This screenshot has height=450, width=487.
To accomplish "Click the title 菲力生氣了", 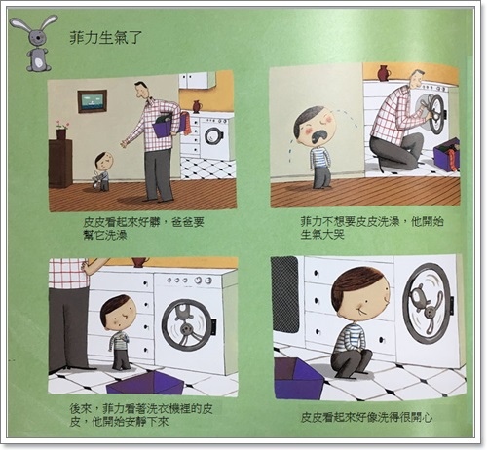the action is tap(106, 37).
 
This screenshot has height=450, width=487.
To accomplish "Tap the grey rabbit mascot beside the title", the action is tap(35, 42).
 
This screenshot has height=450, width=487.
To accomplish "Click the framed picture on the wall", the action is tap(93, 101).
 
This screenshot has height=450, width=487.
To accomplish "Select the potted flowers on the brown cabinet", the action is tap(61, 130).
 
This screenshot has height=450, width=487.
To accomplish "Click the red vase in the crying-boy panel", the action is tap(384, 73).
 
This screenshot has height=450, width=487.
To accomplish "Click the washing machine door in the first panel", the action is tap(213, 138).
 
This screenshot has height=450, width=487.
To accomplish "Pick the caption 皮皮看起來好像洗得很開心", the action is tap(366, 417).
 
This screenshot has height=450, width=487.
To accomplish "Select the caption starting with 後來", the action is tap(141, 415).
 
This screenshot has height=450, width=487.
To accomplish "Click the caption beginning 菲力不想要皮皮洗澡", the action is tap(372, 228).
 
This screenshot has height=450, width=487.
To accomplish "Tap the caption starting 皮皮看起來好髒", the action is tap(143, 229).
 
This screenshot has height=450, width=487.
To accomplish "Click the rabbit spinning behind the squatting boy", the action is tap(427, 308).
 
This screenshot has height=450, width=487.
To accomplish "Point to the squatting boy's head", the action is tap(360, 293).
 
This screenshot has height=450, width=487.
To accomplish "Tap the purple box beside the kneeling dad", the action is tap(447, 154).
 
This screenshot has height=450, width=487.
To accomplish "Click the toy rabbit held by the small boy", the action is tap(96, 180).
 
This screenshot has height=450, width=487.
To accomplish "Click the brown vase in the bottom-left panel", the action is tap(140, 262).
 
